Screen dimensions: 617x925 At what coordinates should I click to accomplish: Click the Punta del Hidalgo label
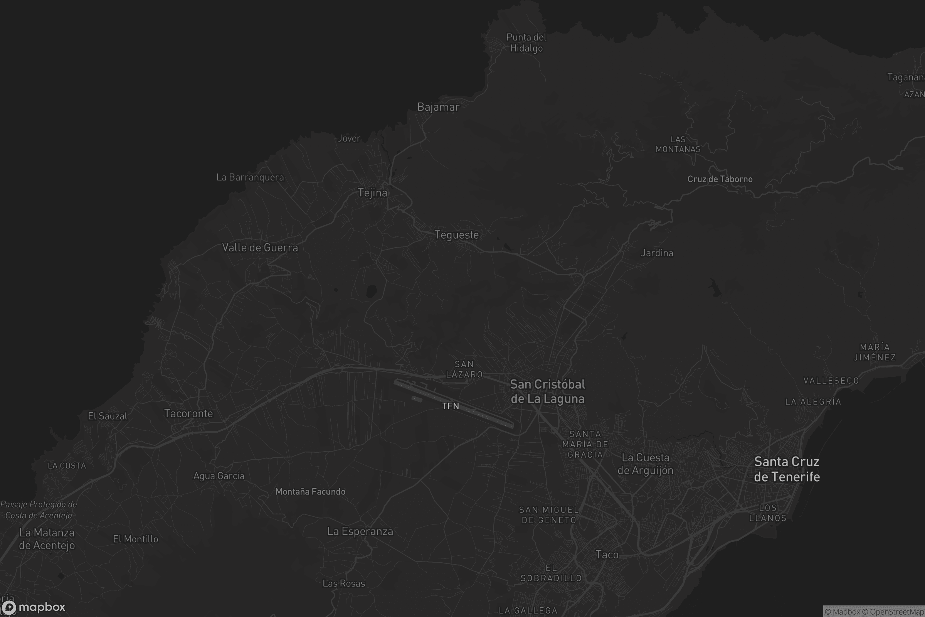click(x=526, y=42)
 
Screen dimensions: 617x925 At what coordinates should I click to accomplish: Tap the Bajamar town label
click(x=438, y=107)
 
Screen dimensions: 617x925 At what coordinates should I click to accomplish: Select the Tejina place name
click(x=372, y=193)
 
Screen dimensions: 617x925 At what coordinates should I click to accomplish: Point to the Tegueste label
click(x=457, y=235)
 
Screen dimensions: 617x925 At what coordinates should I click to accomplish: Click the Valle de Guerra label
click(x=260, y=248)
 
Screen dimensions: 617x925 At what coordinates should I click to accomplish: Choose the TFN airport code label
click(x=451, y=406)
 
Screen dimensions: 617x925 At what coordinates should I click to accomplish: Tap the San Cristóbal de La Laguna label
click(x=547, y=391)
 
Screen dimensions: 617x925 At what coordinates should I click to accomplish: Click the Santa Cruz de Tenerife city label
click(x=787, y=469)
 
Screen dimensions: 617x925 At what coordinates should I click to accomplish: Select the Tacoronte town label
click(x=188, y=413)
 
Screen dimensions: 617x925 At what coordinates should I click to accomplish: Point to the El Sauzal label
click(x=108, y=416)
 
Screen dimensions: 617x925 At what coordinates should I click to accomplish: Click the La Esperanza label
click(x=360, y=531)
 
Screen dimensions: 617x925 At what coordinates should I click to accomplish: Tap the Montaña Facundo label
click(x=310, y=491)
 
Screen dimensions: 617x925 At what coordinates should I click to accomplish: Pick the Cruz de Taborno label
click(x=720, y=179)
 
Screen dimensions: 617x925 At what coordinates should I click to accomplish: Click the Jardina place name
click(x=657, y=253)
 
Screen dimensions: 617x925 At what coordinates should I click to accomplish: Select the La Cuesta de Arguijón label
click(x=645, y=464)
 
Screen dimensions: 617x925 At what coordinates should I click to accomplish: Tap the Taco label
click(x=607, y=555)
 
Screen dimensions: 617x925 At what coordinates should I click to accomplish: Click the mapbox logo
click(x=34, y=607)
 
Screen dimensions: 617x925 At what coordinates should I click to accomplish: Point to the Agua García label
click(x=219, y=476)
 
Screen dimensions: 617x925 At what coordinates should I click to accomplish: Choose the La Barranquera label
click(x=250, y=177)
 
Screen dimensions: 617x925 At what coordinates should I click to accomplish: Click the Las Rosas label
click(x=344, y=583)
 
